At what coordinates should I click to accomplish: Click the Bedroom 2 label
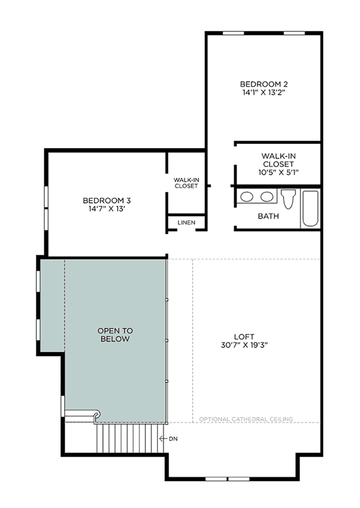pos(264,84)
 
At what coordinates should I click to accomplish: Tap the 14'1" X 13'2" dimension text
pos(264,93)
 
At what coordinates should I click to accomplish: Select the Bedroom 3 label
pos(107,201)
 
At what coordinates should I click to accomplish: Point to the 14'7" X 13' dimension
pos(107,209)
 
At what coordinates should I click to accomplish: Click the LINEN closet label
pos(187,223)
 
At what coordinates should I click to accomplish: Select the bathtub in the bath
pos(310,208)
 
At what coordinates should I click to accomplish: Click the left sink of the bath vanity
pos(247,197)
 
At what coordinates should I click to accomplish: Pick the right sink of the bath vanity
pos(266,197)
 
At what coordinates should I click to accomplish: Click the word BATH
pos(268,216)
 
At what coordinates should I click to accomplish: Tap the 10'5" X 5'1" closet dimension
pos(278,173)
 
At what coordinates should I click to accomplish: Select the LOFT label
pos(244,337)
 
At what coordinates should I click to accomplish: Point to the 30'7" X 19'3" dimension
pos(244,345)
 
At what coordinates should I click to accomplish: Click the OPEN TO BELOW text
pos(115,335)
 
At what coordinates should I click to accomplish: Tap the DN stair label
pos(173,439)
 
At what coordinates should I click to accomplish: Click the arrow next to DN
pos(163,439)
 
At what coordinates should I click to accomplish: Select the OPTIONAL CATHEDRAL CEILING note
pos(246,419)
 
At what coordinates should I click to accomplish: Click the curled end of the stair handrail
pos(97,414)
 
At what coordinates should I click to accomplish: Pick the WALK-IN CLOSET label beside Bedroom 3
pos(187,183)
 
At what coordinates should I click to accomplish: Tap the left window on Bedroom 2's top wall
pos(233,33)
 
